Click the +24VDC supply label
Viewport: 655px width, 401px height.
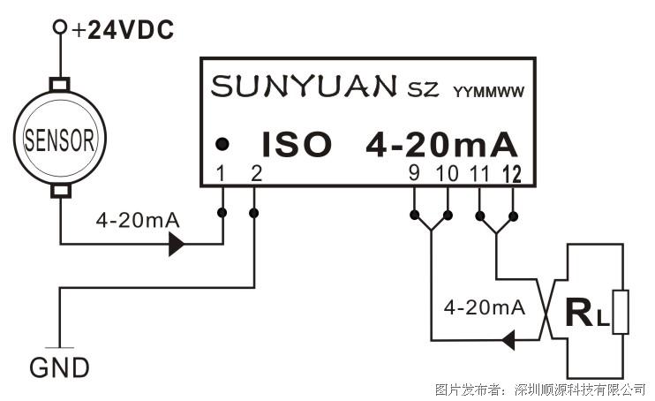[123, 30]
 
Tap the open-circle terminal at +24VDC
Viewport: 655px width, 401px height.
[60, 26]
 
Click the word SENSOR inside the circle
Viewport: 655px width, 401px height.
[59, 140]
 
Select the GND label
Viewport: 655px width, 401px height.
[59, 367]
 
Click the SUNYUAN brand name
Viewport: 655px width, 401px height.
[304, 87]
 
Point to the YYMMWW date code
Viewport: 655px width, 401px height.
[488, 92]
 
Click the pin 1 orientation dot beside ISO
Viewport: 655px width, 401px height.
[222, 144]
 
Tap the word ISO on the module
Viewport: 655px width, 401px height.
[297, 144]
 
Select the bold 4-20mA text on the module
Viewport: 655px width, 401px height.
[441, 145]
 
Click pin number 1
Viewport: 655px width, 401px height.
[221, 173]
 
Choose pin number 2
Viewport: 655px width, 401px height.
[257, 173]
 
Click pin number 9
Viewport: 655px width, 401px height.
[414, 173]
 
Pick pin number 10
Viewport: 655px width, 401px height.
[447, 173]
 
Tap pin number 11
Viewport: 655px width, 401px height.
[479, 173]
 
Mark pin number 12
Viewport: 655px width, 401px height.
[512, 174]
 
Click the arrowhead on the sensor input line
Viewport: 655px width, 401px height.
[177, 244]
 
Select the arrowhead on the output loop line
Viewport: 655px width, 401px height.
[508, 340]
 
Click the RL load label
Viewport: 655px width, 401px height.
[586, 313]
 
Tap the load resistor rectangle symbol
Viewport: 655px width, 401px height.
[621, 312]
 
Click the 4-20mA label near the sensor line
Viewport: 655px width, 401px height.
[138, 220]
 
